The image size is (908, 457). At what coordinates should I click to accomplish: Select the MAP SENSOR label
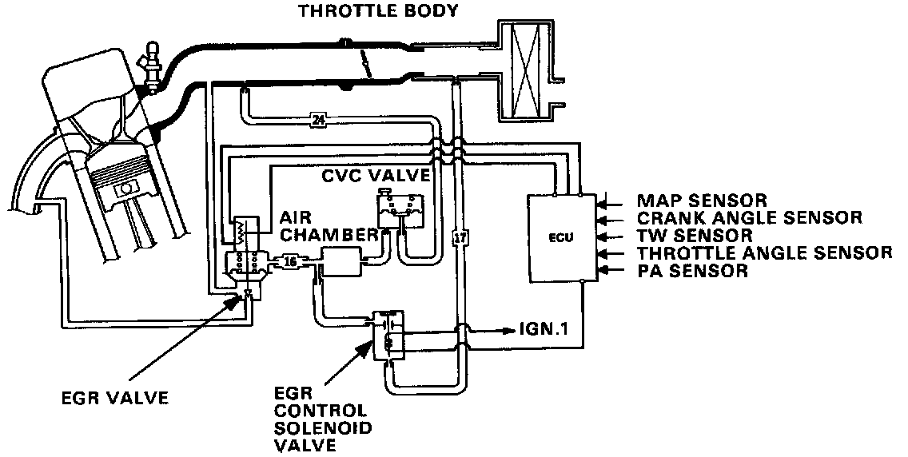coord(701,200)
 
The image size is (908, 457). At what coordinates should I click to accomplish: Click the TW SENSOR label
coord(694,235)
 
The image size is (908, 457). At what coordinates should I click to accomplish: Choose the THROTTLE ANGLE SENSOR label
coord(763,253)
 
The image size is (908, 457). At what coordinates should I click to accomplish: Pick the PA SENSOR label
coord(691,271)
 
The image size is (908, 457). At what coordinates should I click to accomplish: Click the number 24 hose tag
coord(318,121)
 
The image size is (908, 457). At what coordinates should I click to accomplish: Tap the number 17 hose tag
coord(458,237)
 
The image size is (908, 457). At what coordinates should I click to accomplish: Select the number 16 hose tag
coord(289,260)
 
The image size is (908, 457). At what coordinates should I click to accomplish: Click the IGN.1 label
coord(544,328)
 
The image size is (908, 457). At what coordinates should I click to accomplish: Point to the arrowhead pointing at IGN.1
coord(511,328)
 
